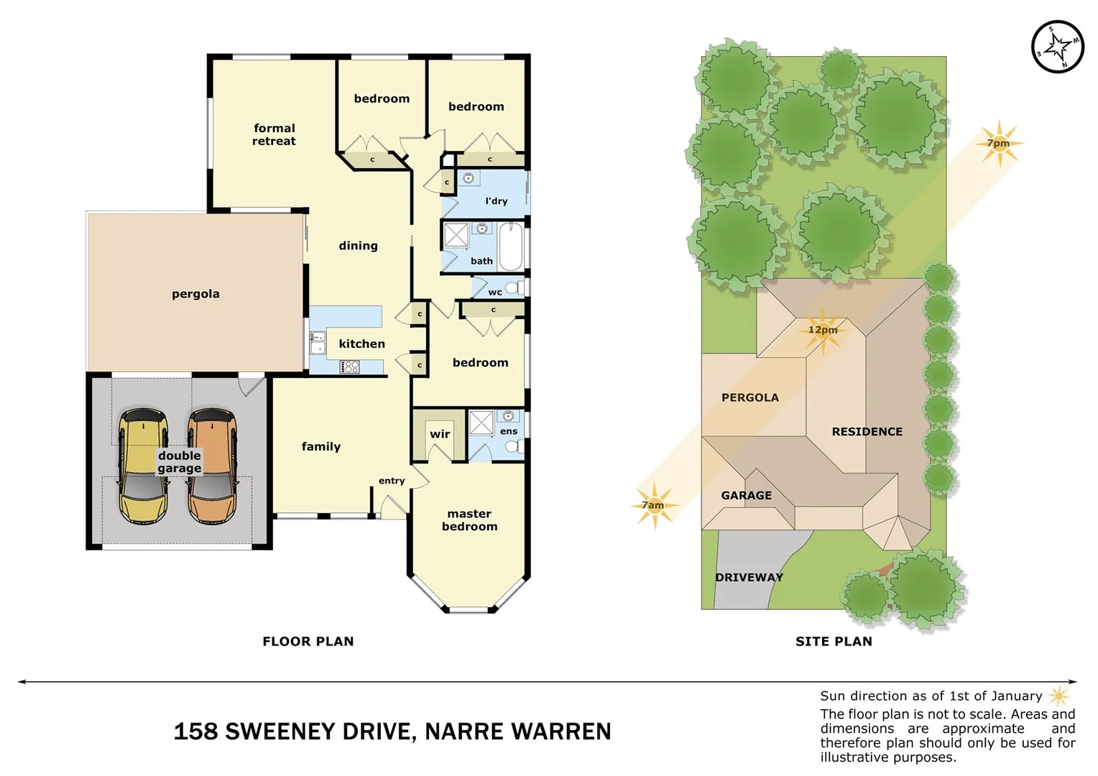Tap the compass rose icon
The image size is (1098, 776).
tap(1057, 47)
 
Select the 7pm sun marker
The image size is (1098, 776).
tap(999, 143)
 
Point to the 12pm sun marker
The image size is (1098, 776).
tap(822, 331)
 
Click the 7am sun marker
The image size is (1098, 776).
tap(654, 505)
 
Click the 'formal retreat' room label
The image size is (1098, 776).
tap(274, 134)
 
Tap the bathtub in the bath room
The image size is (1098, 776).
tap(511, 246)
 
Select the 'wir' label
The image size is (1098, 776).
tap(440, 434)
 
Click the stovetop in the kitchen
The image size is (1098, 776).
tap(350, 367)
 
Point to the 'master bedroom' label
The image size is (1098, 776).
tap(469, 519)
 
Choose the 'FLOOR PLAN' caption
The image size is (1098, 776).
tap(308, 641)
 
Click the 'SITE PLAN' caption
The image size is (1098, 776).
tap(834, 641)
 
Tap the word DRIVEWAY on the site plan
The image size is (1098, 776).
tap(749, 577)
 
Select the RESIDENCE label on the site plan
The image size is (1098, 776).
tap(867, 431)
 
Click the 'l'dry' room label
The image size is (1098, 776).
tap(496, 201)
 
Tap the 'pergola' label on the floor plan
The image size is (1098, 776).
tap(195, 293)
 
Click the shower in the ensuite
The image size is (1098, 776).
tap(481, 423)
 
